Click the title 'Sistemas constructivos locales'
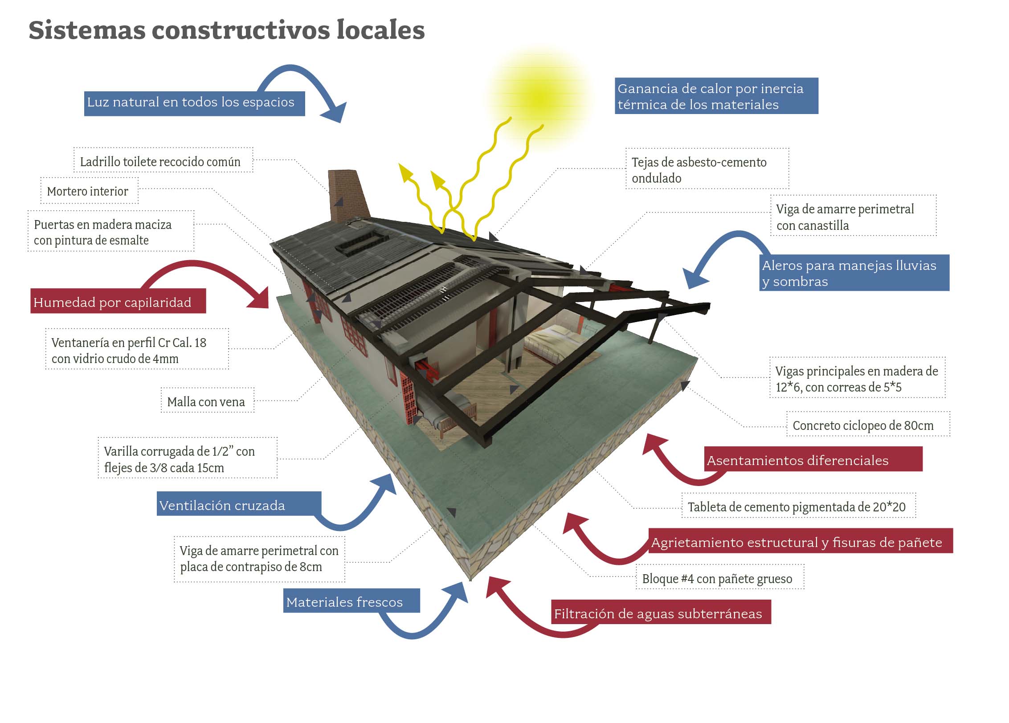tap(227, 30)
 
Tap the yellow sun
tap(539, 97)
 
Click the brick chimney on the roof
tap(349, 196)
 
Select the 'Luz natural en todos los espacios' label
tap(194, 103)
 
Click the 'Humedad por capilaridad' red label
tap(118, 301)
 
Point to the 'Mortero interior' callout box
tap(89, 191)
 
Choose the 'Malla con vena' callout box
tap(207, 400)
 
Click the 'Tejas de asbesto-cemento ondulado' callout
tap(707, 169)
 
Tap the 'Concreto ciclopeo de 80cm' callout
tap(868, 424)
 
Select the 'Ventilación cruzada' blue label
tap(239, 504)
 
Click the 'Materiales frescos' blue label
tap(351, 600)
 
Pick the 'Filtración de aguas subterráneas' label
tap(661, 612)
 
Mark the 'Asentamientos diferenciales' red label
tap(813, 459)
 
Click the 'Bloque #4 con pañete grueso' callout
tap(720, 577)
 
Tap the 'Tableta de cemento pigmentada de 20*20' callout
tap(798, 505)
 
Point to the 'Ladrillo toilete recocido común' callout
tap(163, 160)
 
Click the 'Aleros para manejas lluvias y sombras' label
tap(854, 273)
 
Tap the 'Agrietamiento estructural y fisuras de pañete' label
tap(800, 541)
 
